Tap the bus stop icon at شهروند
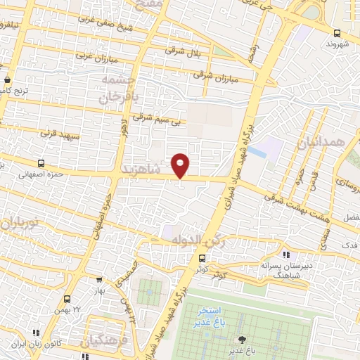pos(337,33)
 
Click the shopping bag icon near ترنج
pos(7,79)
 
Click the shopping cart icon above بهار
pos(98,278)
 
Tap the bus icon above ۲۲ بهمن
pos(67,299)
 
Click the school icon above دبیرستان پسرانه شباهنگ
pos(285,255)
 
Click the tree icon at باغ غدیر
pos(243,340)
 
